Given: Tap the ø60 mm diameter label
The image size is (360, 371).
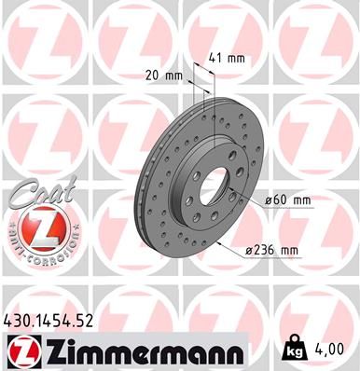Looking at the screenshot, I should (287, 199).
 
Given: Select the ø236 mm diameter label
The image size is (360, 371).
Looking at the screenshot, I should (270, 249).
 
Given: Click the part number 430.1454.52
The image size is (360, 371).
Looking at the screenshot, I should (55, 322).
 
